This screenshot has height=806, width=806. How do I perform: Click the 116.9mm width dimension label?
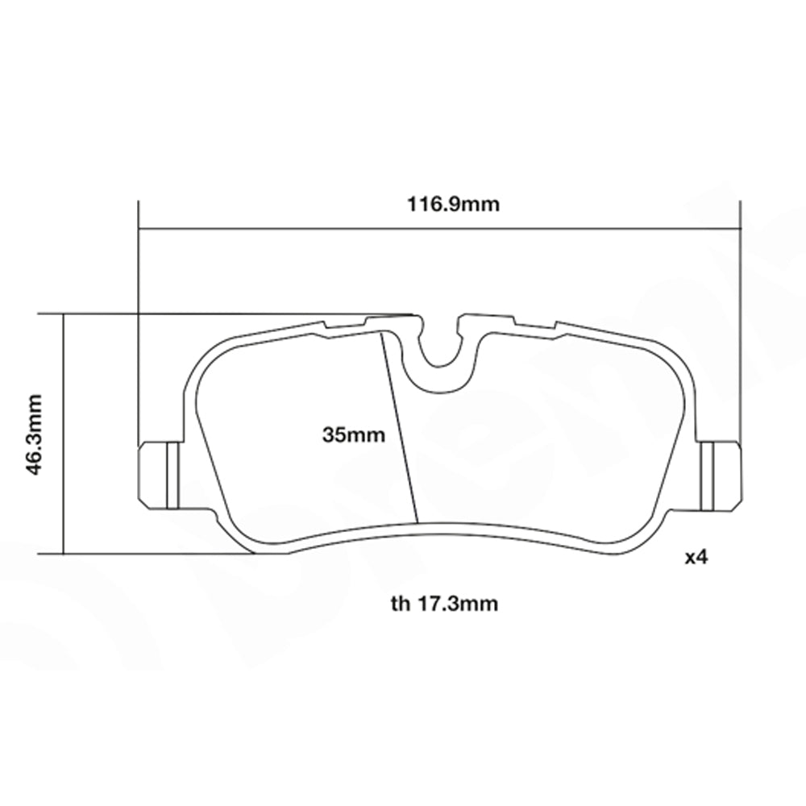click(452, 204)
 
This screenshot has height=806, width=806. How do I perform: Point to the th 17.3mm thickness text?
click(444, 603)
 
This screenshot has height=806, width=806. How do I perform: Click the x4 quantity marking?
click(695, 557)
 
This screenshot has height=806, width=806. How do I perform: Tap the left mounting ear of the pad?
click(159, 476)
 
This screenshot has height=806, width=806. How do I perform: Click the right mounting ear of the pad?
click(719, 476)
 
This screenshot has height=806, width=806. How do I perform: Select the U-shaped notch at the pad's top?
click(440, 347)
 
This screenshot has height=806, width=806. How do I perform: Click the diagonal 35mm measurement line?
click(401, 427)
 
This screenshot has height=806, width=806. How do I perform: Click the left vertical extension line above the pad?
click(139, 322)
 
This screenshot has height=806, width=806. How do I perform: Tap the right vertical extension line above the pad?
click(740, 322)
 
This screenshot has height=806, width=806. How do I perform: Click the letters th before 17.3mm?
click(400, 603)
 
